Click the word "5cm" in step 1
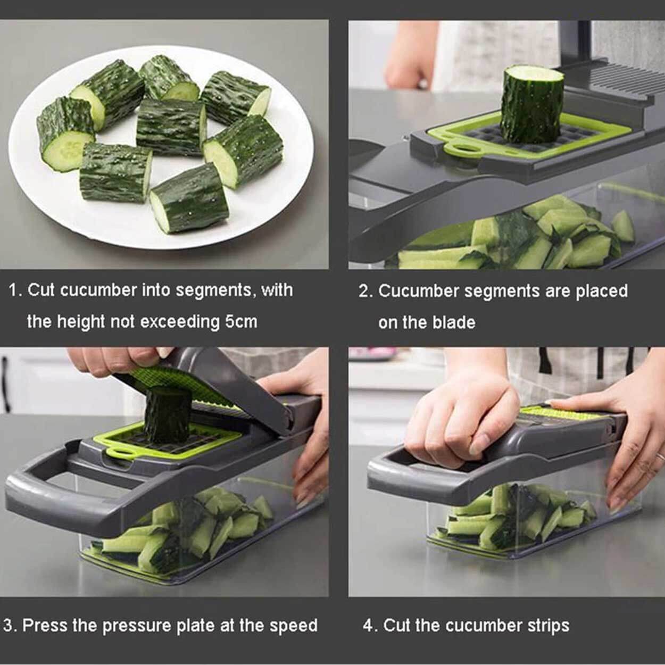(x=241, y=322)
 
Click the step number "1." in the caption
(x=16, y=290)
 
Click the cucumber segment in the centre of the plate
(x=171, y=128)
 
